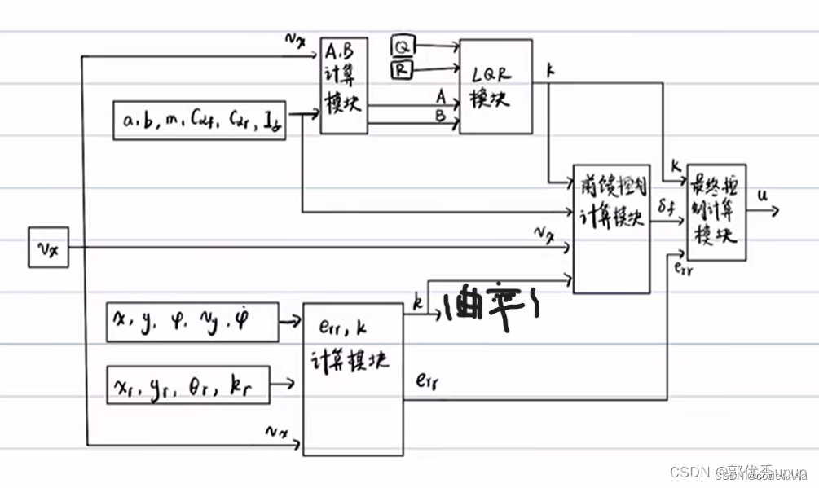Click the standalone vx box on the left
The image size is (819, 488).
(48, 248)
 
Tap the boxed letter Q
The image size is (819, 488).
(401, 46)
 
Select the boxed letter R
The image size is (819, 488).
(401, 71)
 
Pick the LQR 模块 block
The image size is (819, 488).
(495, 86)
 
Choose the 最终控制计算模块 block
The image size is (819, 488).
(716, 213)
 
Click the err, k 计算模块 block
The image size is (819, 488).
(353, 378)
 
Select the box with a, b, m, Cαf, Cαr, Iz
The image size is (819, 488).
(200, 121)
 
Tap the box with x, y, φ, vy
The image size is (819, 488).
(192, 321)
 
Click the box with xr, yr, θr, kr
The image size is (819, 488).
(187, 385)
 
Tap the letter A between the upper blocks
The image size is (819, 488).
(440, 95)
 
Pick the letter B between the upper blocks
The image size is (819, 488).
(440, 116)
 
